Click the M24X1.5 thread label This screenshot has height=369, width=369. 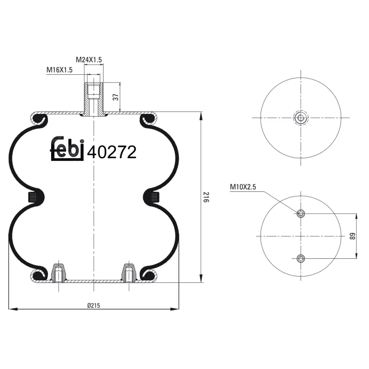click(89, 60)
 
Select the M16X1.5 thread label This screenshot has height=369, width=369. click(60, 70)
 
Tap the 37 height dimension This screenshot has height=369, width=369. click(116, 97)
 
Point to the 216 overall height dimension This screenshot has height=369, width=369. click(206, 199)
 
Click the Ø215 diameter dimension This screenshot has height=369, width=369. click(94, 305)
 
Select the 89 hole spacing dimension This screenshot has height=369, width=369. click(352, 236)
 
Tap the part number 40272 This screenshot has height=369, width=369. click(112, 152)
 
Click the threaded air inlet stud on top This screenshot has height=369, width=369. click(94, 98)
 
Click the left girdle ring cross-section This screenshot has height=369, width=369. click(35, 197)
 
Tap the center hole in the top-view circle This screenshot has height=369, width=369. click(301, 118)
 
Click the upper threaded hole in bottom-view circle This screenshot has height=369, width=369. click(301, 213)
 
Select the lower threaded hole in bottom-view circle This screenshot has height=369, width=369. click(301, 258)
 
